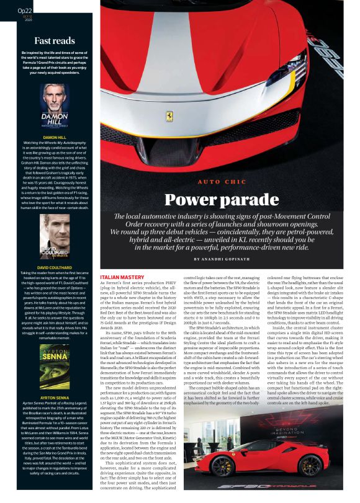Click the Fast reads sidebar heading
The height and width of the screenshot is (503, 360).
(x=55, y=40)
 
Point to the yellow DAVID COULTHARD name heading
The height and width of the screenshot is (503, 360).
(x=55, y=267)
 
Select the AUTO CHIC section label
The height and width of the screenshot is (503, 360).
(x=222, y=181)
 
